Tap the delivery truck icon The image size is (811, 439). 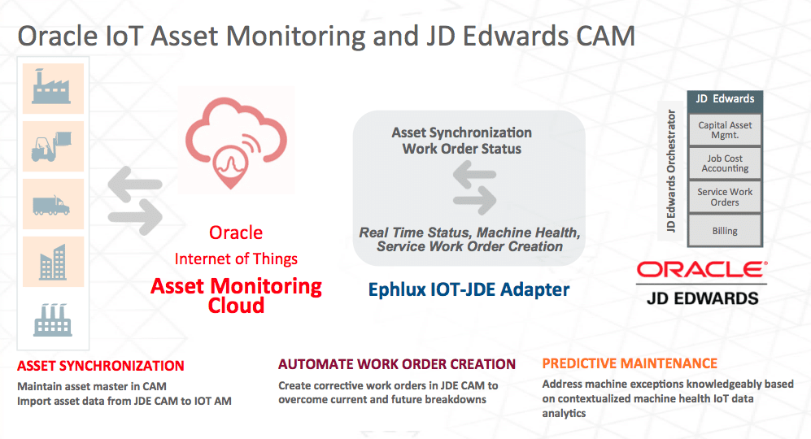(51, 205)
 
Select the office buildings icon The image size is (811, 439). (53, 262)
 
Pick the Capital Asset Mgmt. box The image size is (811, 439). (725, 130)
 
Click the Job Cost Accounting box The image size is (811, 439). (725, 163)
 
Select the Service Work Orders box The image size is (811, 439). (725, 197)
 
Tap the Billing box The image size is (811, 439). (725, 231)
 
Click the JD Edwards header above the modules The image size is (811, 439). (725, 98)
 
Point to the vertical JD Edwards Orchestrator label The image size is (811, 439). (671, 170)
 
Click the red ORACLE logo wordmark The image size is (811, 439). (702, 269)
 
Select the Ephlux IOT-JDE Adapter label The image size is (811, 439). (469, 289)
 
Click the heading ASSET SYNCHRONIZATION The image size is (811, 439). (100, 366)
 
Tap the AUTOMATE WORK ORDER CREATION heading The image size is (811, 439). (397, 364)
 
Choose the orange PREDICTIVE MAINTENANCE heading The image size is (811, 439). (630, 363)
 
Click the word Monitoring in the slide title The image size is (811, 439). (296, 37)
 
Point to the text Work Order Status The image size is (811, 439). (462, 149)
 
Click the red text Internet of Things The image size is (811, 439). (236, 259)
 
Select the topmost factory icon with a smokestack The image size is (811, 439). (51, 86)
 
